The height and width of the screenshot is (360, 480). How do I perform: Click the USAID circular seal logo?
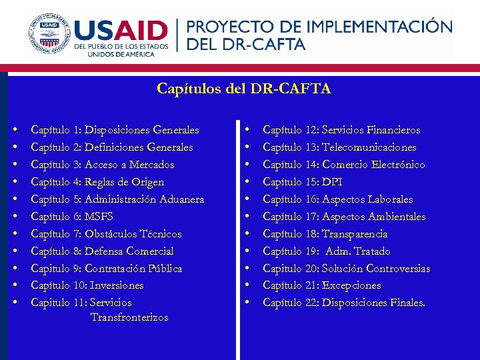pyautogui.click(x=48, y=33)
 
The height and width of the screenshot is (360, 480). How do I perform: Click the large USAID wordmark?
pyautogui.click(x=121, y=31)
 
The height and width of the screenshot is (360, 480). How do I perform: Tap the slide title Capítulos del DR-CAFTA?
pyautogui.click(x=244, y=89)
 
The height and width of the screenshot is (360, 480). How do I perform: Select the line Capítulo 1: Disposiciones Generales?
pyautogui.click(x=115, y=130)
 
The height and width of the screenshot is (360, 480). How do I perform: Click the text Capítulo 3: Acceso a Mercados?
pyautogui.click(x=103, y=165)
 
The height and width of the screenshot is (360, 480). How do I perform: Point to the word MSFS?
pyautogui.click(x=99, y=217)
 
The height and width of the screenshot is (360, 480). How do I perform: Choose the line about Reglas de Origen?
pyautogui.click(x=97, y=182)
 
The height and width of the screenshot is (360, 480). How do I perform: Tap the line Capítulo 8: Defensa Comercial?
pyautogui.click(x=102, y=251)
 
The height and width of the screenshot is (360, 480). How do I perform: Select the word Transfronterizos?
pyautogui.click(x=129, y=317)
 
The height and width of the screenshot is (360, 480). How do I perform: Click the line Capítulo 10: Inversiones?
pyautogui.click(x=87, y=285)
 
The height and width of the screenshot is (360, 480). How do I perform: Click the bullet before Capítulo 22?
pyautogui.click(x=247, y=303)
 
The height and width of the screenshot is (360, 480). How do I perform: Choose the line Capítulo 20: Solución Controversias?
pyautogui.click(x=347, y=269)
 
